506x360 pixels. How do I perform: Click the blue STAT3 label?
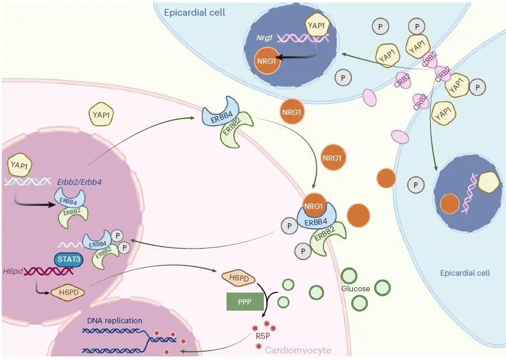click(69, 259)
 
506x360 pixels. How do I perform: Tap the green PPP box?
click(245, 302)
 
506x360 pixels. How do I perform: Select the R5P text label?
click(263, 336)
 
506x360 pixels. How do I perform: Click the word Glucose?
click(355, 289)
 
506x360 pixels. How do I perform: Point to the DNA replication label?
click(114, 321)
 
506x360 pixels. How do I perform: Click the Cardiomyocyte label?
click(298, 350)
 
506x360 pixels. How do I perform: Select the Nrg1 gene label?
click(264, 38)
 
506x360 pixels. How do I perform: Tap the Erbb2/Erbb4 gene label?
click(79, 182)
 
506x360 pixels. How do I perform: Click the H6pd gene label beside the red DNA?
click(13, 272)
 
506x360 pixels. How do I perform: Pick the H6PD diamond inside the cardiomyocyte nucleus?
click(69, 293)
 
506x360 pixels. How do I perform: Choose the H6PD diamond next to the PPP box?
click(239, 278)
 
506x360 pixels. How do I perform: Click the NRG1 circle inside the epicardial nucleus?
click(266, 61)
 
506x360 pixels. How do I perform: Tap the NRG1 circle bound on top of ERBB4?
click(313, 205)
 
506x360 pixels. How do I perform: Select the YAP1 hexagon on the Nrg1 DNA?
click(317, 25)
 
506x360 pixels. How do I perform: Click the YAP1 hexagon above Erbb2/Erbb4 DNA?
click(19, 165)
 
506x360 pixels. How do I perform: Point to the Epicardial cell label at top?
click(195, 13)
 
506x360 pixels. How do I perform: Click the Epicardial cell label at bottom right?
click(464, 273)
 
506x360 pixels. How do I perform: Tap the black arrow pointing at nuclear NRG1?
click(296, 58)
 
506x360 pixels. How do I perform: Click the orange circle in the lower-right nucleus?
click(450, 204)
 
